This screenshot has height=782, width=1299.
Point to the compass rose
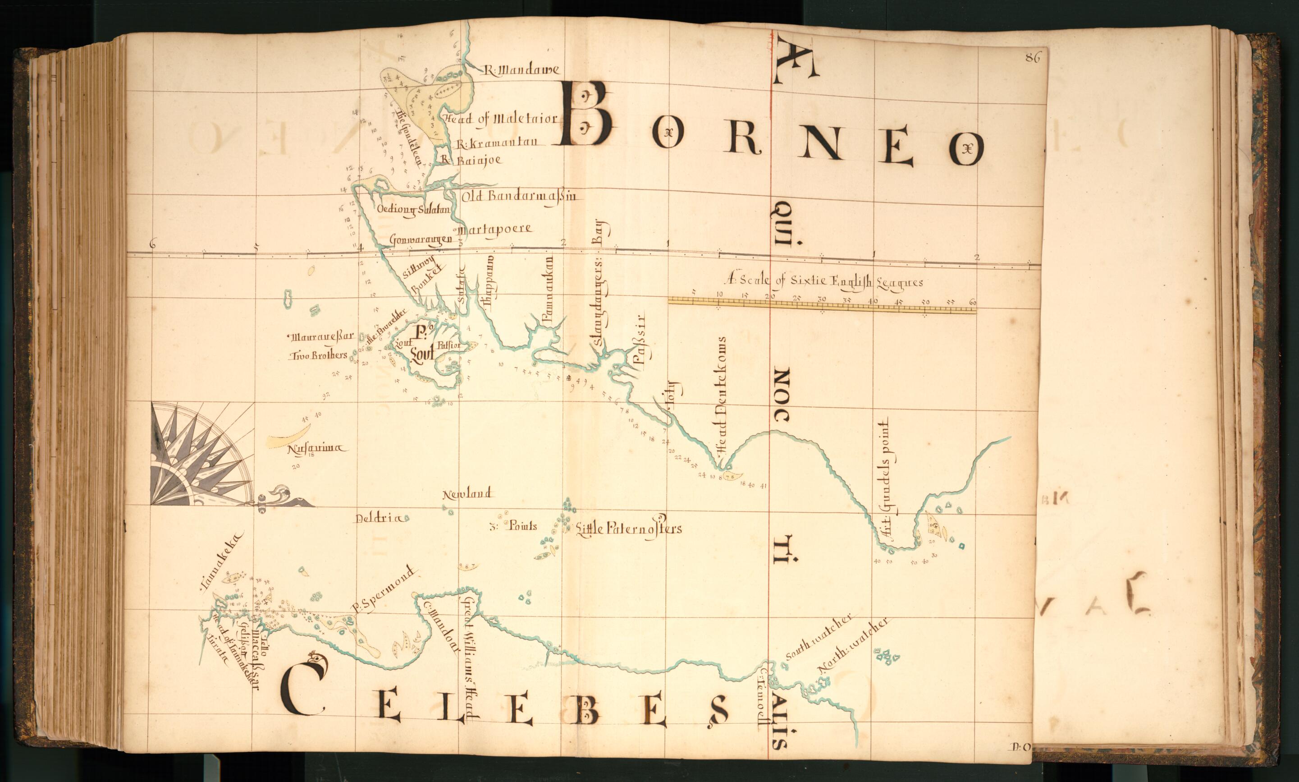pyautogui.click(x=195, y=454)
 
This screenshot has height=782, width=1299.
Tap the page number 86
pyautogui.click(x=1033, y=59)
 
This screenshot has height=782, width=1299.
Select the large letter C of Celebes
pyautogui.click(x=304, y=685)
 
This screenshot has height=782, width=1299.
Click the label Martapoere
pyautogui.click(x=495, y=230)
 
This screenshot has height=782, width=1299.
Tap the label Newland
pyautogui.click(x=467, y=494)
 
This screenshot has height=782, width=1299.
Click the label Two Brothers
pyautogui.click(x=319, y=356)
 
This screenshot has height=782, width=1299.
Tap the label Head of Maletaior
pyautogui.click(x=500, y=119)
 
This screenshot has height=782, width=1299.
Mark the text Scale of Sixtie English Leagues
pyautogui.click(x=824, y=281)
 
